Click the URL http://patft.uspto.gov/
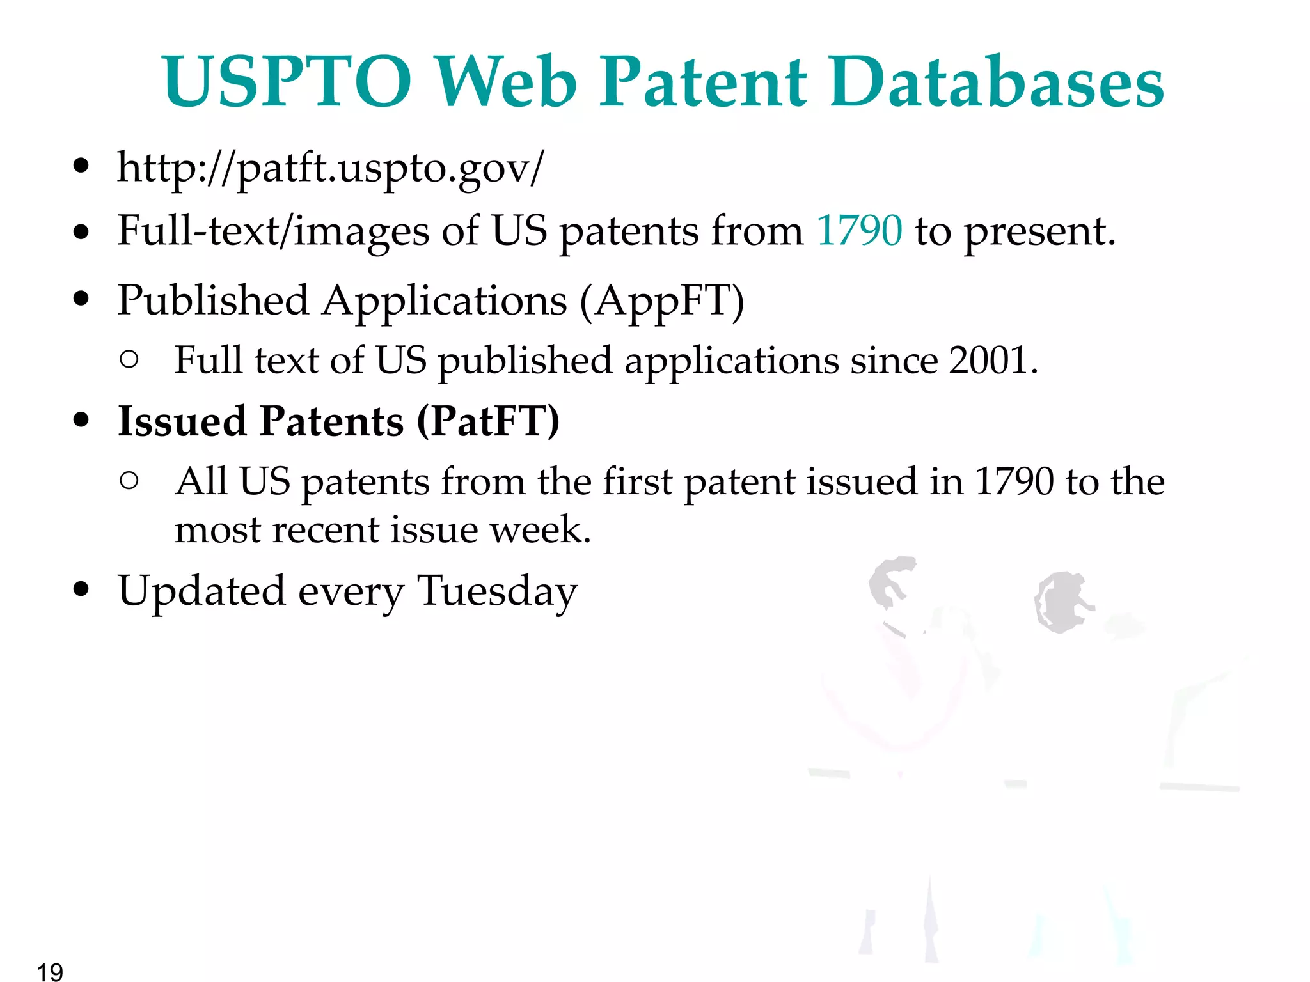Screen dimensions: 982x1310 pyautogui.click(x=330, y=168)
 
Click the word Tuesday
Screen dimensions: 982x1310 pyautogui.click(x=497, y=591)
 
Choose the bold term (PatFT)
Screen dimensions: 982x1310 pyautogui.click(x=488, y=421)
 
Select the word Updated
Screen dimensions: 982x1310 pyautogui.click(x=201, y=591)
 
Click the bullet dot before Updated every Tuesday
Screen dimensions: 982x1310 pyautogui.click(x=81, y=589)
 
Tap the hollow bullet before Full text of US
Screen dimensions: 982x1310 pyautogui.click(x=129, y=359)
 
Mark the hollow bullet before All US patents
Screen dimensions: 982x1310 pyautogui.click(x=129, y=481)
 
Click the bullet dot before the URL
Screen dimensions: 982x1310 pyautogui.click(x=81, y=166)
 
